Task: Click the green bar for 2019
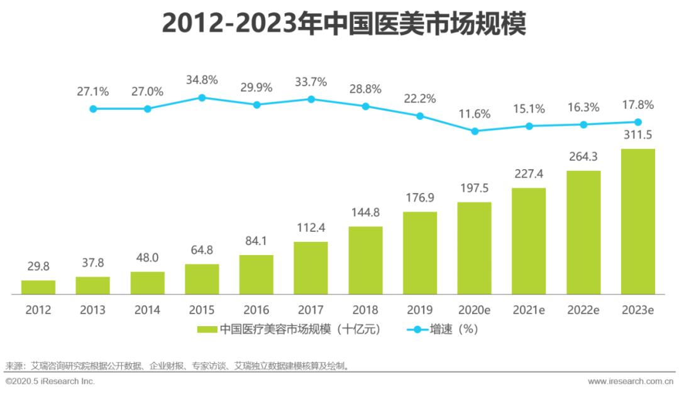[420, 253]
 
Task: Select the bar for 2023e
[638, 221]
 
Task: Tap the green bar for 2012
[38, 287]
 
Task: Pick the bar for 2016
[257, 274]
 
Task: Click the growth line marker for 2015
[202, 97]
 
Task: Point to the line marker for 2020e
[475, 131]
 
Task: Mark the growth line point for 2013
[93, 109]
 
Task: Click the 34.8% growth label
[202, 80]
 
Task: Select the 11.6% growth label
[475, 114]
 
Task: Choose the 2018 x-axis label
[365, 310]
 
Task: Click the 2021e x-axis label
[529, 310]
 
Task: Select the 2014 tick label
[147, 310]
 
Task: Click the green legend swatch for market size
[207, 329]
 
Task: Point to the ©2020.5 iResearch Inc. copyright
[50, 381]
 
